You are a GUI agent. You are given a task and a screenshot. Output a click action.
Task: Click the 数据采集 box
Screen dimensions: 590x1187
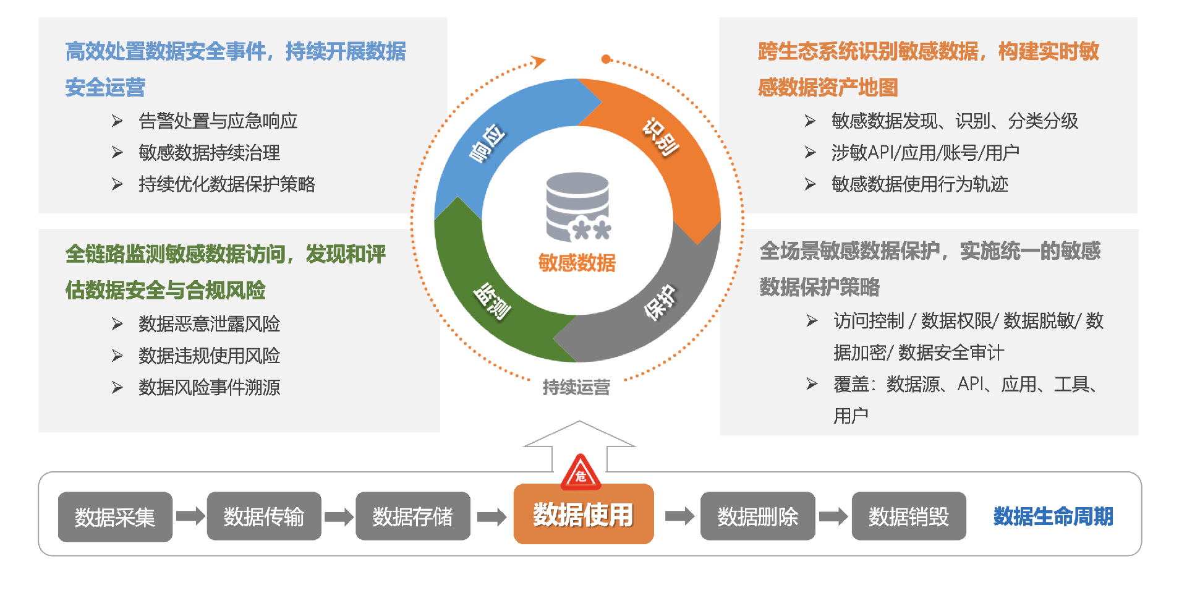tap(115, 516)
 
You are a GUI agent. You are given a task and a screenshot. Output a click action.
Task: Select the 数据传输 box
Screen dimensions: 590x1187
tap(264, 516)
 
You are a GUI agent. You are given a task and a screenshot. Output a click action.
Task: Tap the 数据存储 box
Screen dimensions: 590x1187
tap(413, 516)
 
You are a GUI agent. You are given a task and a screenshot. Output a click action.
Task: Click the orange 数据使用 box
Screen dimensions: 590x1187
tap(583, 515)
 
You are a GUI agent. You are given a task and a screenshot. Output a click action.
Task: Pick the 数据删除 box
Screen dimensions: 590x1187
tap(757, 516)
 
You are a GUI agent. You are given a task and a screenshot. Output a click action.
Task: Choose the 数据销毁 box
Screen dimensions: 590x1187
tap(908, 516)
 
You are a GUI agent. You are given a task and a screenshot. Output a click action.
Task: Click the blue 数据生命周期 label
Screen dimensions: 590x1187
tap(1053, 516)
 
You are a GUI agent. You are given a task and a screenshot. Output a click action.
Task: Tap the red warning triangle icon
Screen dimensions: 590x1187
tap(581, 474)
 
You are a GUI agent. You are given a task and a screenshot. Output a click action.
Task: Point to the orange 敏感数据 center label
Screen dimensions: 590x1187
tap(577, 263)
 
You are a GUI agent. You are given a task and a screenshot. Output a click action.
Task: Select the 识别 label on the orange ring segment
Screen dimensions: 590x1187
tap(661, 137)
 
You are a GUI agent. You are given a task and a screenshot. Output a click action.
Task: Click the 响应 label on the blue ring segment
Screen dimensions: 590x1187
tap(488, 143)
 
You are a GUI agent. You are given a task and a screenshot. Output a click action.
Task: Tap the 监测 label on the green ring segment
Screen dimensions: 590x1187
tap(492, 301)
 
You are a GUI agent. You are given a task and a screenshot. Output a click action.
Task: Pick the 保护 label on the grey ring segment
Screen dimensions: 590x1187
tap(660, 302)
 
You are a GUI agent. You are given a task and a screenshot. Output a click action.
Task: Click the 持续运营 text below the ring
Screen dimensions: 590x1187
tap(576, 387)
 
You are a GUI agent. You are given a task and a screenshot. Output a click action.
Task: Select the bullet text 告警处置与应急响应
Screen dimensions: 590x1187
tap(218, 121)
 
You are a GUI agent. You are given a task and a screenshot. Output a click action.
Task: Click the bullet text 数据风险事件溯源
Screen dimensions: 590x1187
tap(209, 388)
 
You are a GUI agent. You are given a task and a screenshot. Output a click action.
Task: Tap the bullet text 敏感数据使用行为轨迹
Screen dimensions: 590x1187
tap(919, 184)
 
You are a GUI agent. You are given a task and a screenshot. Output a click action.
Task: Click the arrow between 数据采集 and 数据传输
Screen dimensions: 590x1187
tap(190, 516)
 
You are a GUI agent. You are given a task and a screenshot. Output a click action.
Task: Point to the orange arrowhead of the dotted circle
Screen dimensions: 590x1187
tap(538, 61)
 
